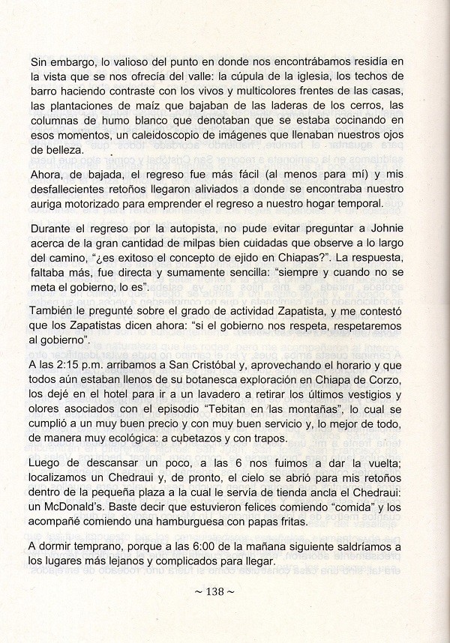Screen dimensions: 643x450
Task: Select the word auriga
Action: click(48, 205)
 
